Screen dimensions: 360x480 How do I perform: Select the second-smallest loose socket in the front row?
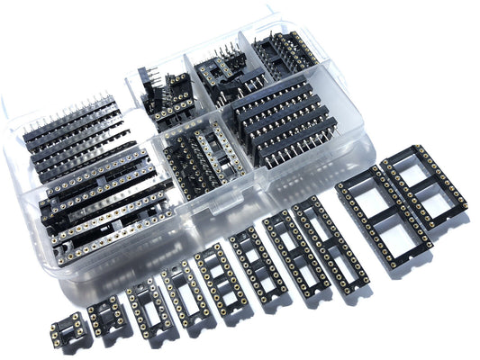pyautogui.click(x=107, y=315)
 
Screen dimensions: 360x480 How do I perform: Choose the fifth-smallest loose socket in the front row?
pyautogui.click(x=216, y=274)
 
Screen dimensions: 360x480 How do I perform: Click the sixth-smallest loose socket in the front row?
pyautogui.click(x=256, y=260)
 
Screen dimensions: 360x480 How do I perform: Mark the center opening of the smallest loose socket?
pyautogui.click(x=71, y=329)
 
